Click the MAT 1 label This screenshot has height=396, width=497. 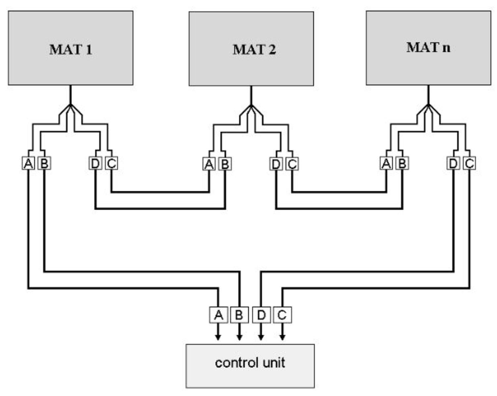[71, 50]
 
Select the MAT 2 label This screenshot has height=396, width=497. [254, 50]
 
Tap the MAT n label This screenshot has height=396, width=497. [428, 47]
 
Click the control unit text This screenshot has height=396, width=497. [250, 363]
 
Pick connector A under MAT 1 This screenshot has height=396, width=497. [28, 163]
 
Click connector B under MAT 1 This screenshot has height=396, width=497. [44, 163]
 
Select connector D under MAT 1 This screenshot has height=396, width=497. [95, 163]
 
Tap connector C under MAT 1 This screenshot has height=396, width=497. [111, 163]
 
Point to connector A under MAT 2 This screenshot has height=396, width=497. [209, 164]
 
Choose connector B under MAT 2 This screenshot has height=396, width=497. [225, 164]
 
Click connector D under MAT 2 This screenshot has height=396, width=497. [276, 164]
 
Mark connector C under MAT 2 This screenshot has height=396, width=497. [292, 164]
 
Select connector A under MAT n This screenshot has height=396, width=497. [386, 163]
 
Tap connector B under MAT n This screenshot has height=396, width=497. [402, 163]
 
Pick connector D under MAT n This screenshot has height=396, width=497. [453, 163]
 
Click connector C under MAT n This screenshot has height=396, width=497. [469, 163]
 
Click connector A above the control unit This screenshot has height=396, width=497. [218, 315]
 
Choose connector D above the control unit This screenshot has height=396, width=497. [261, 315]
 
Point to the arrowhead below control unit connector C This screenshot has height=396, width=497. [282, 337]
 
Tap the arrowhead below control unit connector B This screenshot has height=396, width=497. [239, 337]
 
